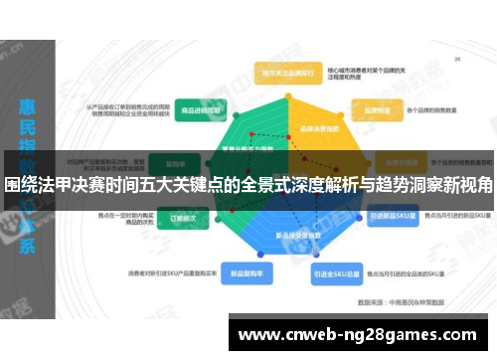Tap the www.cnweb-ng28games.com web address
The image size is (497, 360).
click(x=358, y=333)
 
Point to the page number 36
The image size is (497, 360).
click(x=456, y=60)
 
